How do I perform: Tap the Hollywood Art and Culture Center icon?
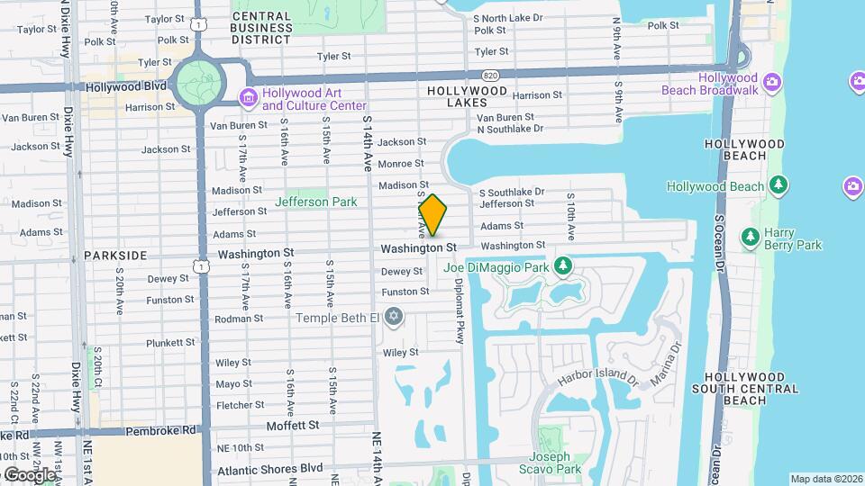247,97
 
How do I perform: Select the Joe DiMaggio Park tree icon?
563,266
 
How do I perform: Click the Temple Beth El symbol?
392,317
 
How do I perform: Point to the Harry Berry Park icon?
749,238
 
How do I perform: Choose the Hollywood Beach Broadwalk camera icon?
771,83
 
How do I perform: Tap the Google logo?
29,474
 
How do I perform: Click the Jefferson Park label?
315,202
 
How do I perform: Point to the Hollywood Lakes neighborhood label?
467,97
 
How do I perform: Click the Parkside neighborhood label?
115,256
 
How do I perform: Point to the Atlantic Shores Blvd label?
269,468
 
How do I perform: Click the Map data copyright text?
826,479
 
